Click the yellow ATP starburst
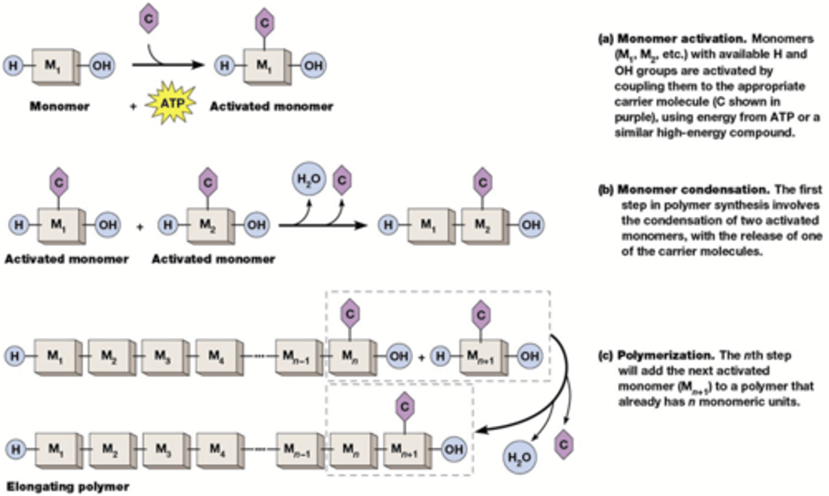(x=171, y=103)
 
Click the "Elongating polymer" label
(x=68, y=486)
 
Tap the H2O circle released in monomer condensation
(x=309, y=179)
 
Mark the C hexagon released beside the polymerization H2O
(x=564, y=444)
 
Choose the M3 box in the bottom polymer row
(x=163, y=448)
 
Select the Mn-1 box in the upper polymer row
(x=296, y=356)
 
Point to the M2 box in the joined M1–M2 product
(x=482, y=224)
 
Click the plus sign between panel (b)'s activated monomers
(x=140, y=226)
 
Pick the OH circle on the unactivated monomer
(x=101, y=65)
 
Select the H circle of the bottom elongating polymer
(x=16, y=449)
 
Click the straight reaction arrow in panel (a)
(x=167, y=65)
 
